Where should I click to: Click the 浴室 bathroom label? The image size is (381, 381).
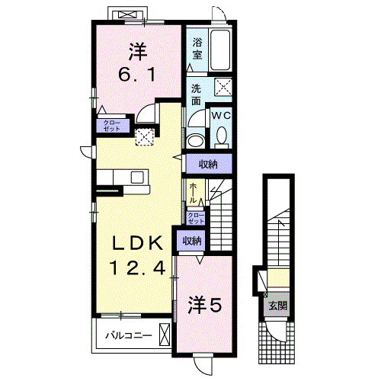point(197,49)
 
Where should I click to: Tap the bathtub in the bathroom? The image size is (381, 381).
point(220,50)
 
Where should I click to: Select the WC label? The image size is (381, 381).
point(221,116)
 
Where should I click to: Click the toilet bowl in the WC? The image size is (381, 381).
point(223,135)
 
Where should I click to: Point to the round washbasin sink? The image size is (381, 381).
point(195,141)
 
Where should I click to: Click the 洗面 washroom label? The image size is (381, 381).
point(196,94)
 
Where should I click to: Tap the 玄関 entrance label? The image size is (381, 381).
point(278,306)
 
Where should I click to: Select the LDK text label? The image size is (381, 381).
point(138,243)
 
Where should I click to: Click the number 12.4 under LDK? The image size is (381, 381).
point(138,268)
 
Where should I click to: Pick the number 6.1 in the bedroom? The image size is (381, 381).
point(137,75)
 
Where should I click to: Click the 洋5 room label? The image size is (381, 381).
point(205,306)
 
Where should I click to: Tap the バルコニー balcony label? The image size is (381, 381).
point(129,335)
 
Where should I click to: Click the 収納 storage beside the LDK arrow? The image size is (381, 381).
point(208,165)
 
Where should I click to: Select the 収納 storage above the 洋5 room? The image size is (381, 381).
point(193,241)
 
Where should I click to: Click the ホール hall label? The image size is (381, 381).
point(193,193)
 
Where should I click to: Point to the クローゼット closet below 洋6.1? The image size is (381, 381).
point(112,126)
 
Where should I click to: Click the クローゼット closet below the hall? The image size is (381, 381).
point(196,218)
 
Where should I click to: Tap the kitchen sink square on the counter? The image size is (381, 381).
point(137,178)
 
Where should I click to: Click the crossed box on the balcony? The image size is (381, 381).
point(165,334)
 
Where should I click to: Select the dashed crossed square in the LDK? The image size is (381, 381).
point(144,137)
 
